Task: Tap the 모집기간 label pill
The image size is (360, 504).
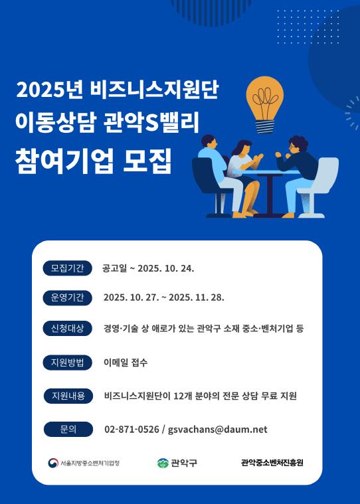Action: [x=68, y=268]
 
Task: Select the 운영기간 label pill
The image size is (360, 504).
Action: [x=68, y=297]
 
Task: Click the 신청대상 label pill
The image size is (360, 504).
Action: [x=68, y=329]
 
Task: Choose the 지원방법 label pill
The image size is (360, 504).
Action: [x=68, y=363]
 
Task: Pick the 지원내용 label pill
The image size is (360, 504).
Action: [x=68, y=396]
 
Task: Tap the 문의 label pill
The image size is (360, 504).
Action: [x=68, y=429]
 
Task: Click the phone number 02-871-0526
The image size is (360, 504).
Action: [x=132, y=430]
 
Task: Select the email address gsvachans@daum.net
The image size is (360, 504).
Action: [x=218, y=430]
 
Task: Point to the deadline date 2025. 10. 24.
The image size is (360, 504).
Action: [x=166, y=268]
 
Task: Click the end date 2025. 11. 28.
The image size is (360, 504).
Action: [x=197, y=297]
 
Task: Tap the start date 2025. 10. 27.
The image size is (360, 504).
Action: [x=131, y=297]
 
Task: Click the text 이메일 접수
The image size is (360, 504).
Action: [x=126, y=363]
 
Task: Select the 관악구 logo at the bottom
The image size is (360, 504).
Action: [x=177, y=463]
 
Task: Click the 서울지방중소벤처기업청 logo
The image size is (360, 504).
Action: [x=84, y=463]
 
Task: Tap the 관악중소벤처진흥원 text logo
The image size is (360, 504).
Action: [x=272, y=463]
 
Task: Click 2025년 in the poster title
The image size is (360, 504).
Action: [x=50, y=90]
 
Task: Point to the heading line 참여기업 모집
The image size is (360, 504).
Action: [x=93, y=161]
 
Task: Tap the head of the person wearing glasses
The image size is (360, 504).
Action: [x=298, y=145]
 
